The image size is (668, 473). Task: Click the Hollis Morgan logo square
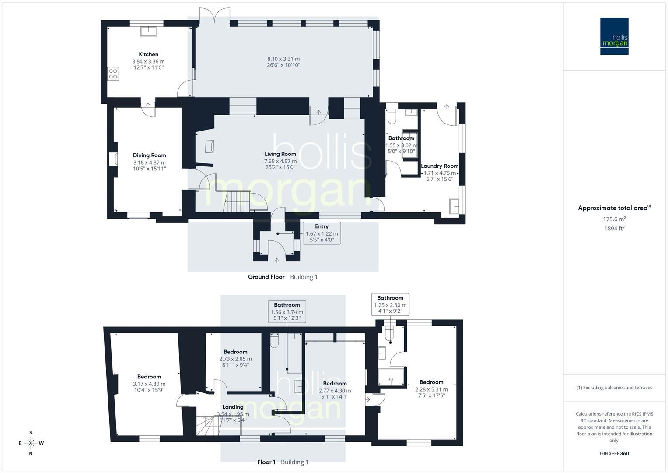click(x=614, y=36)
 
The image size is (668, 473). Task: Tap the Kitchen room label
click(x=148, y=54)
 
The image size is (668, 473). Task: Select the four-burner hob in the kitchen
click(x=113, y=74)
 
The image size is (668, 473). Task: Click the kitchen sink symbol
click(x=148, y=31)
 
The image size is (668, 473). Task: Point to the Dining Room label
click(x=150, y=155)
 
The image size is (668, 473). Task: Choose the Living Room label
click(x=280, y=154)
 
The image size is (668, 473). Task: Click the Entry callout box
click(x=322, y=233)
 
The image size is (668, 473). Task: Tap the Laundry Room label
click(x=440, y=166)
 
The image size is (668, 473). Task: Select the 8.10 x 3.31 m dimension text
click(x=283, y=59)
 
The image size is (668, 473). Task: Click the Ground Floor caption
click(x=266, y=277)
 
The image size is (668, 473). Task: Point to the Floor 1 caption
click(x=266, y=462)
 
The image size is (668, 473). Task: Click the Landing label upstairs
click(x=233, y=407)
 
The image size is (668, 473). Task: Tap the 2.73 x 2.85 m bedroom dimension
click(x=236, y=359)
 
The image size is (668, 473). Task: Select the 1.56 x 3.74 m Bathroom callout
click(x=287, y=311)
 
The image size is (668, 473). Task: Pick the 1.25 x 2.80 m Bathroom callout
click(x=390, y=304)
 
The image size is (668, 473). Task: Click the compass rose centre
click(x=31, y=443)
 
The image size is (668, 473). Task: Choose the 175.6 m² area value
click(x=614, y=219)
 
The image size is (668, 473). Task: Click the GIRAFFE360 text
click(x=614, y=454)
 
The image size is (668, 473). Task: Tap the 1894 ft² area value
click(x=614, y=229)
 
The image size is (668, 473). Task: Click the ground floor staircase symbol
click(x=237, y=201)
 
